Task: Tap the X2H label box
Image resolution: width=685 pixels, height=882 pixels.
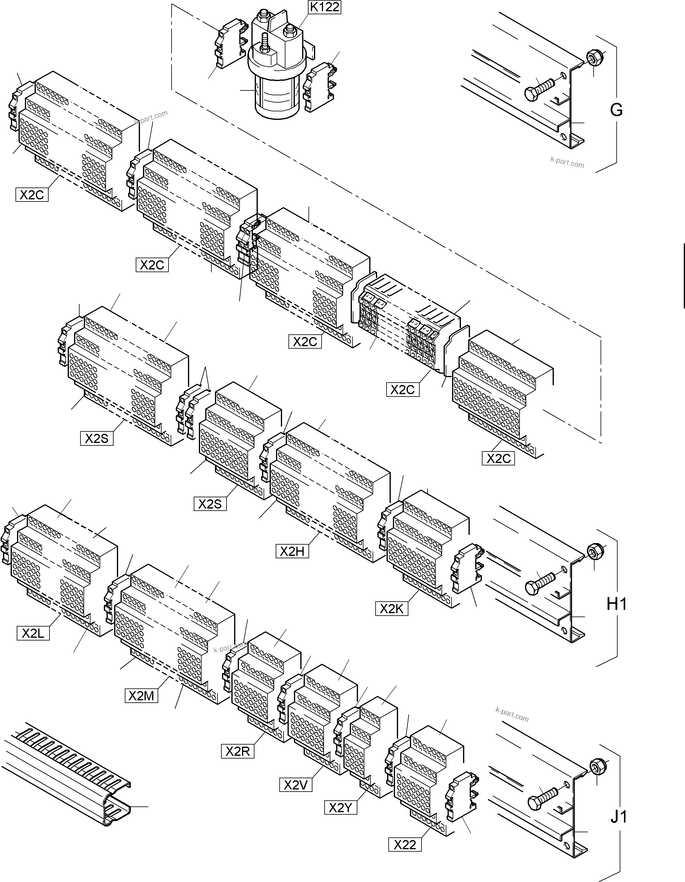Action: click(x=292, y=551)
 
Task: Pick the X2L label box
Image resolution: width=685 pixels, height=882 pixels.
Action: click(x=33, y=633)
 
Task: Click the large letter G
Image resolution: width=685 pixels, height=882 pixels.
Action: click(x=616, y=110)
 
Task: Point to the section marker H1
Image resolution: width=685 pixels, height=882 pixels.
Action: click(x=617, y=604)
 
